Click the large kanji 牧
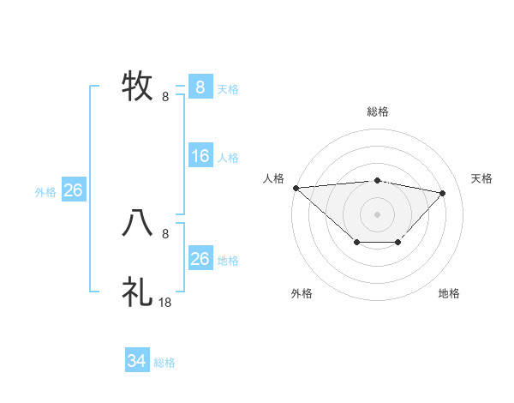pos(137,86)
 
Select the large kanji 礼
pos(137,292)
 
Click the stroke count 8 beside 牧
pos(165,96)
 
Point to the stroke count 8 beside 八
pos(165,233)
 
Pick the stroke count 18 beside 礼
pos(166,302)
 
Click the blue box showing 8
pos(200,87)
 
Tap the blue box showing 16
pos(200,156)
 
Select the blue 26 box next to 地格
pos(200,259)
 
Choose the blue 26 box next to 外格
pos(73,190)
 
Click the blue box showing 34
pos(136,362)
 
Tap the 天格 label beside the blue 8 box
pos(228,88)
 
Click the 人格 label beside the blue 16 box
pos(228,158)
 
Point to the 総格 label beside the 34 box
pos(164,363)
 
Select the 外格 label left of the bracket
pos(45,192)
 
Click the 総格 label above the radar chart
pos(378,111)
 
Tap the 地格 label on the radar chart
pos(449,293)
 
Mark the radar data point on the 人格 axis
pos(296,187)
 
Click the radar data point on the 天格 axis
pos(443,193)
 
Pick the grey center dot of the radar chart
pos(378,214)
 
